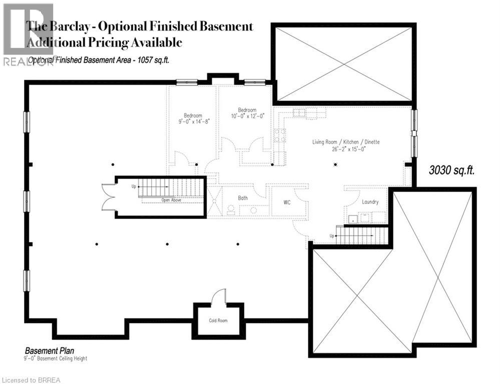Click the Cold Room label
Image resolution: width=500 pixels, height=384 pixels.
(218, 320)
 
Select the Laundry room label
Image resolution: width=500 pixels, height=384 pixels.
(370, 202)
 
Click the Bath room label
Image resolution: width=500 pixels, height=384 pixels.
(243, 198)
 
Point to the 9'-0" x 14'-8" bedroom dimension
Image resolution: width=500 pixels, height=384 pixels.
(193, 121)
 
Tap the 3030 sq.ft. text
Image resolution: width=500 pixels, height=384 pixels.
(451, 170)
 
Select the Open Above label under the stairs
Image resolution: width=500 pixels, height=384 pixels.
(171, 200)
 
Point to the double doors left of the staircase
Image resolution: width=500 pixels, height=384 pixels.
(108, 197)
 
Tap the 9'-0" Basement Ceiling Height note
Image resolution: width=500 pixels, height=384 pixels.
(55, 358)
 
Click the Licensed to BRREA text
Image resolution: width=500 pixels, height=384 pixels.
(31, 380)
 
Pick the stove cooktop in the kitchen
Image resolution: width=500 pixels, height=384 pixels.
(279, 134)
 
